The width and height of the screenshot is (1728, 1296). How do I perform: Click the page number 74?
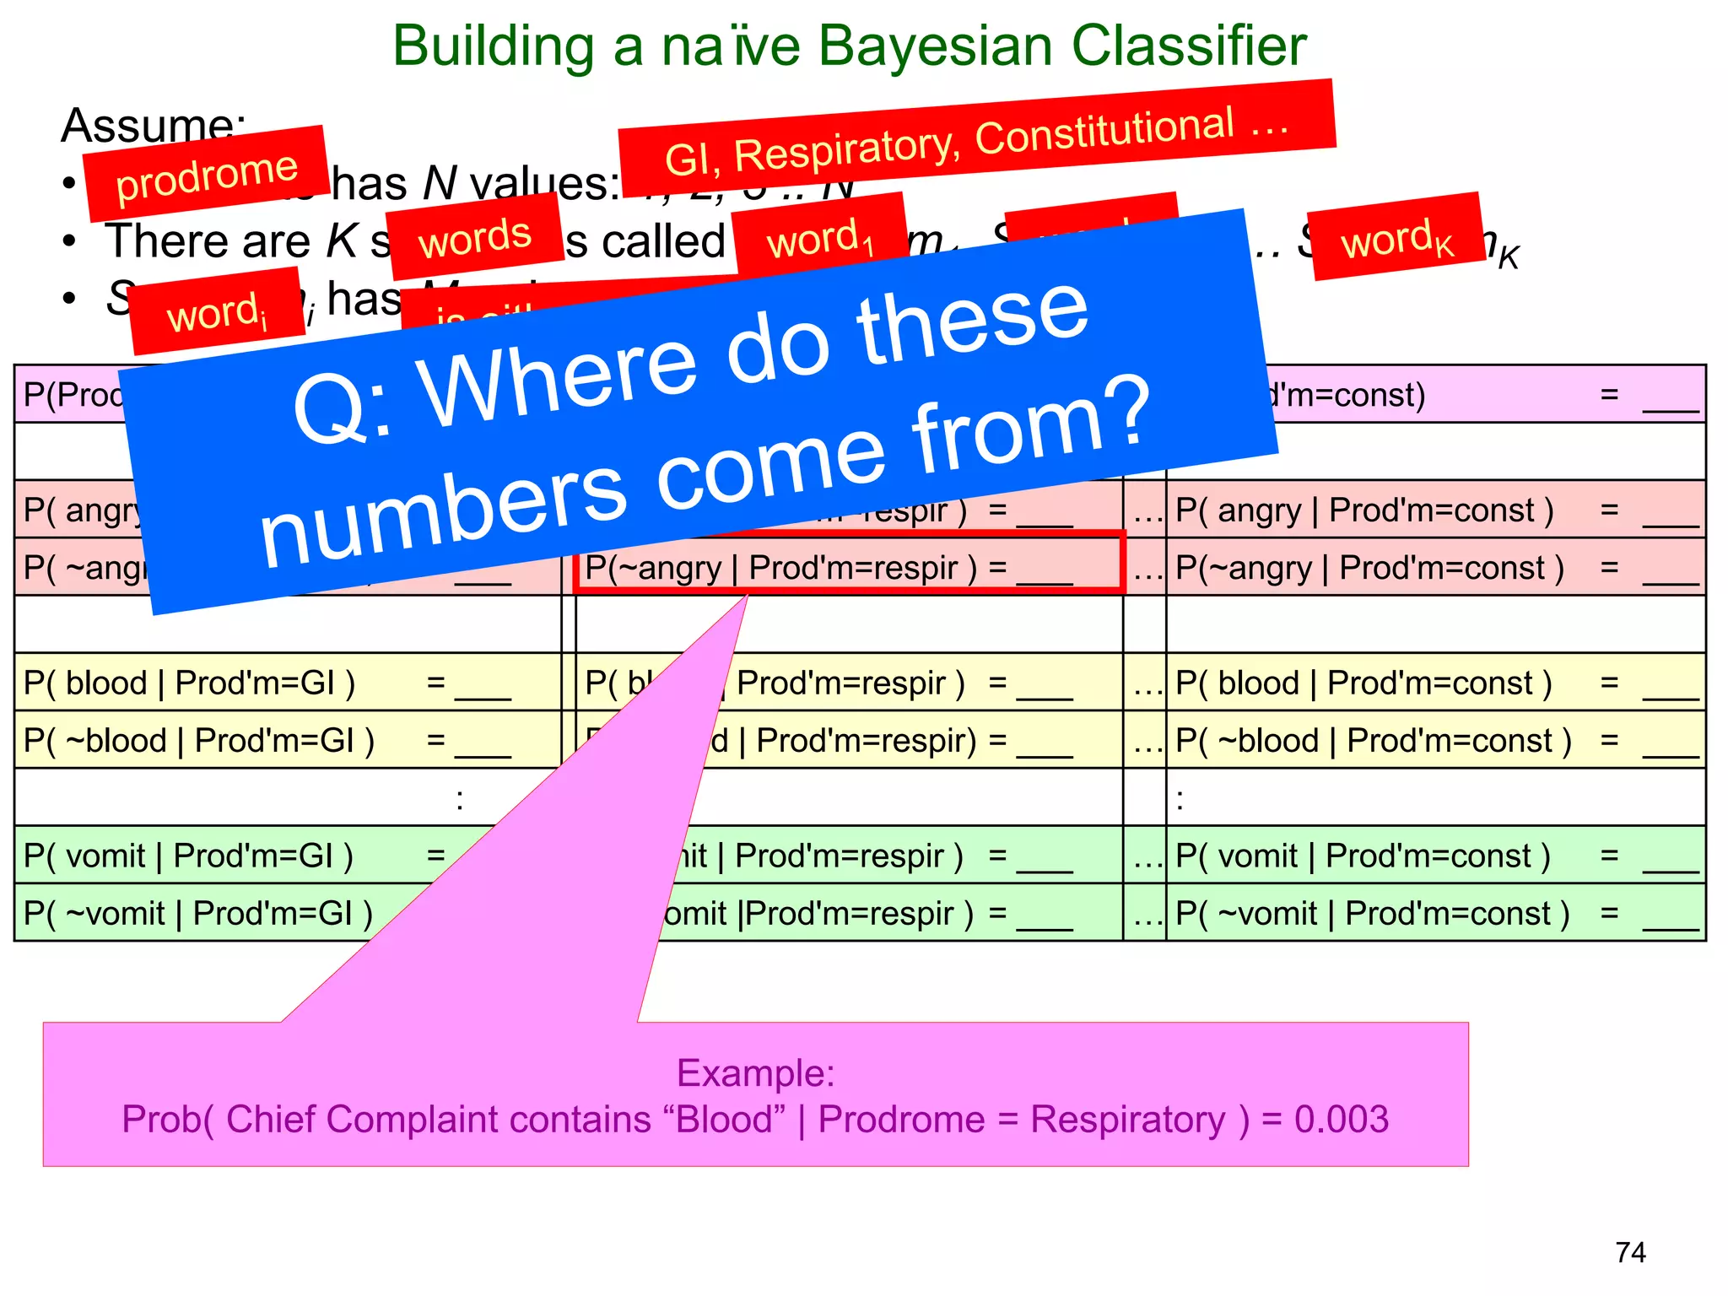[1630, 1252]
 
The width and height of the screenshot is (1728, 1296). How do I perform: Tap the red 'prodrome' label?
[206, 175]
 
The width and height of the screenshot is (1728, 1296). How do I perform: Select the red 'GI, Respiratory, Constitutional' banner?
[976, 138]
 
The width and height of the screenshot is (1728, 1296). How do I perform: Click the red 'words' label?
[475, 237]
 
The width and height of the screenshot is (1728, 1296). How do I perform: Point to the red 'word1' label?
[819, 238]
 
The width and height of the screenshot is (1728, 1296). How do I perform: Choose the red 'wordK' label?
[1396, 238]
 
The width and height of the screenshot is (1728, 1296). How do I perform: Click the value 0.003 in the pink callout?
[1342, 1120]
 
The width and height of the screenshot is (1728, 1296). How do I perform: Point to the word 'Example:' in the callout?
[755, 1073]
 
